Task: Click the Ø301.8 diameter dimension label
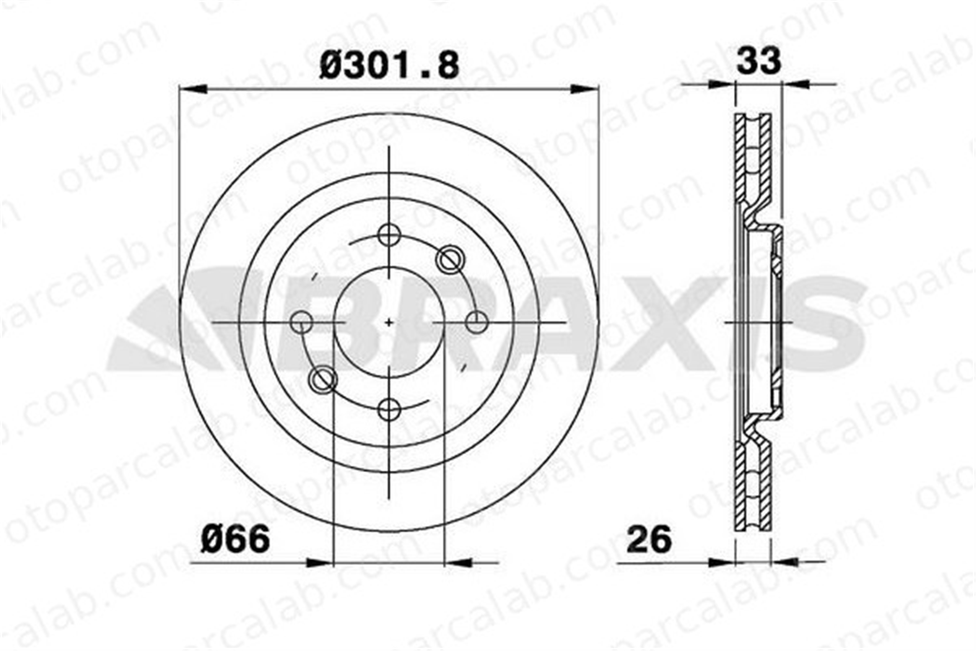coord(389,66)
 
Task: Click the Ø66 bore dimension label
coord(235,539)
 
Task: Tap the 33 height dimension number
coord(759,61)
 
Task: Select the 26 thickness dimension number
coord(649,539)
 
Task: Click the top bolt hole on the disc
coord(389,235)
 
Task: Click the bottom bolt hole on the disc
coord(389,409)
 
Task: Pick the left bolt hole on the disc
coord(302,322)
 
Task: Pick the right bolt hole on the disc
coord(476,322)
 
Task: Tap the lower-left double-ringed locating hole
coord(323,379)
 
